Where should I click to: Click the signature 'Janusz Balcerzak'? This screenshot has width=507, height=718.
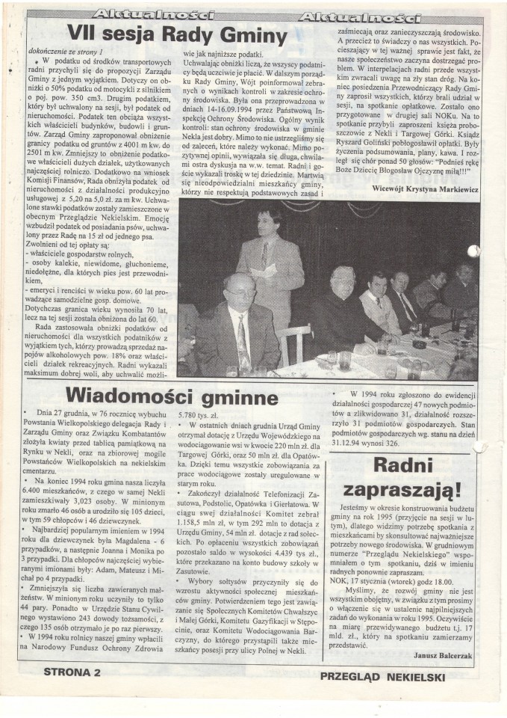(443, 656)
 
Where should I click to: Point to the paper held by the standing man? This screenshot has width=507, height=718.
(263, 271)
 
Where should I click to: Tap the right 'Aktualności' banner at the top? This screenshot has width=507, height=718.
(358, 16)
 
